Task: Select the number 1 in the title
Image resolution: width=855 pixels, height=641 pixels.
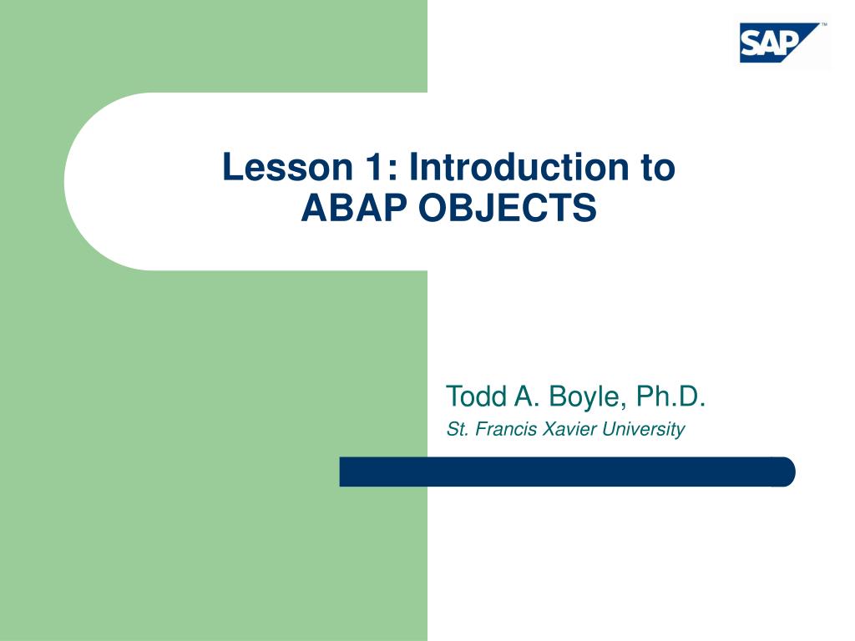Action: (x=375, y=168)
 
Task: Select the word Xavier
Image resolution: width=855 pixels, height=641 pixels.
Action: (x=568, y=430)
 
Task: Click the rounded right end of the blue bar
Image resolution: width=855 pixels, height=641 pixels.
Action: (x=787, y=472)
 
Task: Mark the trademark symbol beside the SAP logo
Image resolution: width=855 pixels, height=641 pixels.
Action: (x=824, y=26)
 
